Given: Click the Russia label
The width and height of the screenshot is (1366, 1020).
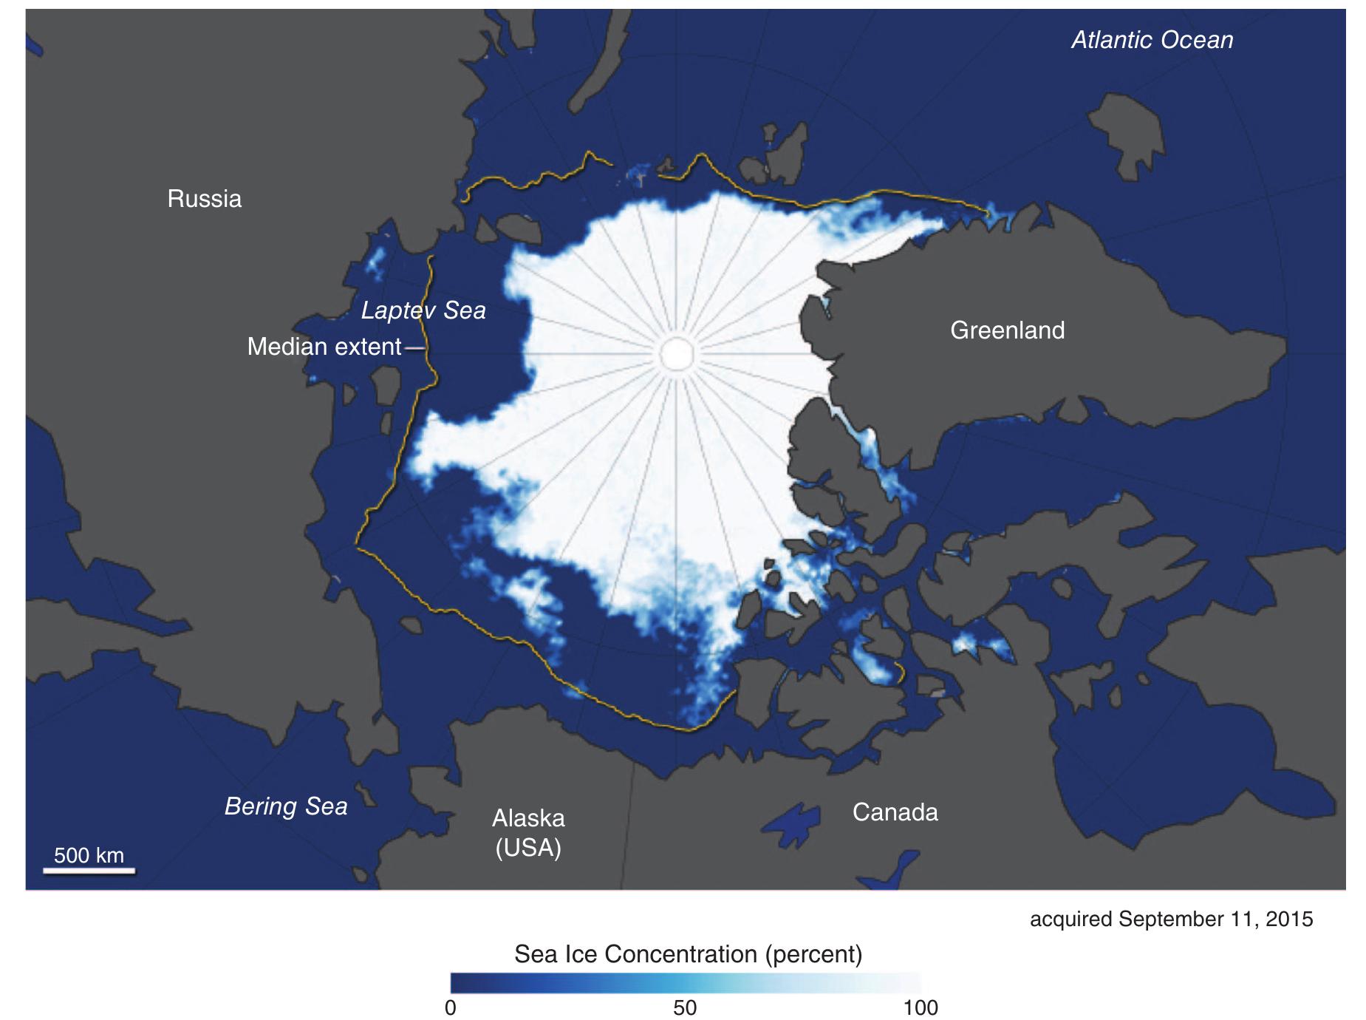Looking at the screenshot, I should coord(204,199).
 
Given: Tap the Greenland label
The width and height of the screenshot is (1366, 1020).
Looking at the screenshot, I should coord(1007,330).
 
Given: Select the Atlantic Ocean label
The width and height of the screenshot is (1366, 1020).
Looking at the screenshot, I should coord(1152,40).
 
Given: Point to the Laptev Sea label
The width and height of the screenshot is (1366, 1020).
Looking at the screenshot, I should coord(423,310).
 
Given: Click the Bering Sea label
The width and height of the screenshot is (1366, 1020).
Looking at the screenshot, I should coord(286,806).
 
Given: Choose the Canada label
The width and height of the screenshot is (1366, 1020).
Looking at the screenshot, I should coord(895,812).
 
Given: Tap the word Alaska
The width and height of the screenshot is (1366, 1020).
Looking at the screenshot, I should coord(528,818).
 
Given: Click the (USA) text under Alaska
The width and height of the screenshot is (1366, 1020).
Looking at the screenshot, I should coord(528,848).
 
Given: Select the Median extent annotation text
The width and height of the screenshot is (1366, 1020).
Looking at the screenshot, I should coord(324,347).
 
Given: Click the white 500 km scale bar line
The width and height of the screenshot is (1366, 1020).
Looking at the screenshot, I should coord(89,871).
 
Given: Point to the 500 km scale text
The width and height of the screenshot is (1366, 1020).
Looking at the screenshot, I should coord(89,855).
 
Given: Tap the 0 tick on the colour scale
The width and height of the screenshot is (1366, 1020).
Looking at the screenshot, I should coord(451,1008).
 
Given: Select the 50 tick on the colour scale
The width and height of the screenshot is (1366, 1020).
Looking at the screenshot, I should coord(685,1008).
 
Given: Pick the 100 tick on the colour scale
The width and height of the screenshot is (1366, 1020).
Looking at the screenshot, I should coord(921,1008).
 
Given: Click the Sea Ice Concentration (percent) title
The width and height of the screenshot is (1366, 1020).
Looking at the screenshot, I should coord(688,954).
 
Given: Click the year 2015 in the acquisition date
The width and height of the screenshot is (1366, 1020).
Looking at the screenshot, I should coord(1289,919).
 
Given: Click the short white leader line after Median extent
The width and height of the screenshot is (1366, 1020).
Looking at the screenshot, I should coord(416,347).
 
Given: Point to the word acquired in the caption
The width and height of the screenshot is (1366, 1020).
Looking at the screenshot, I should coord(1070,919).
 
